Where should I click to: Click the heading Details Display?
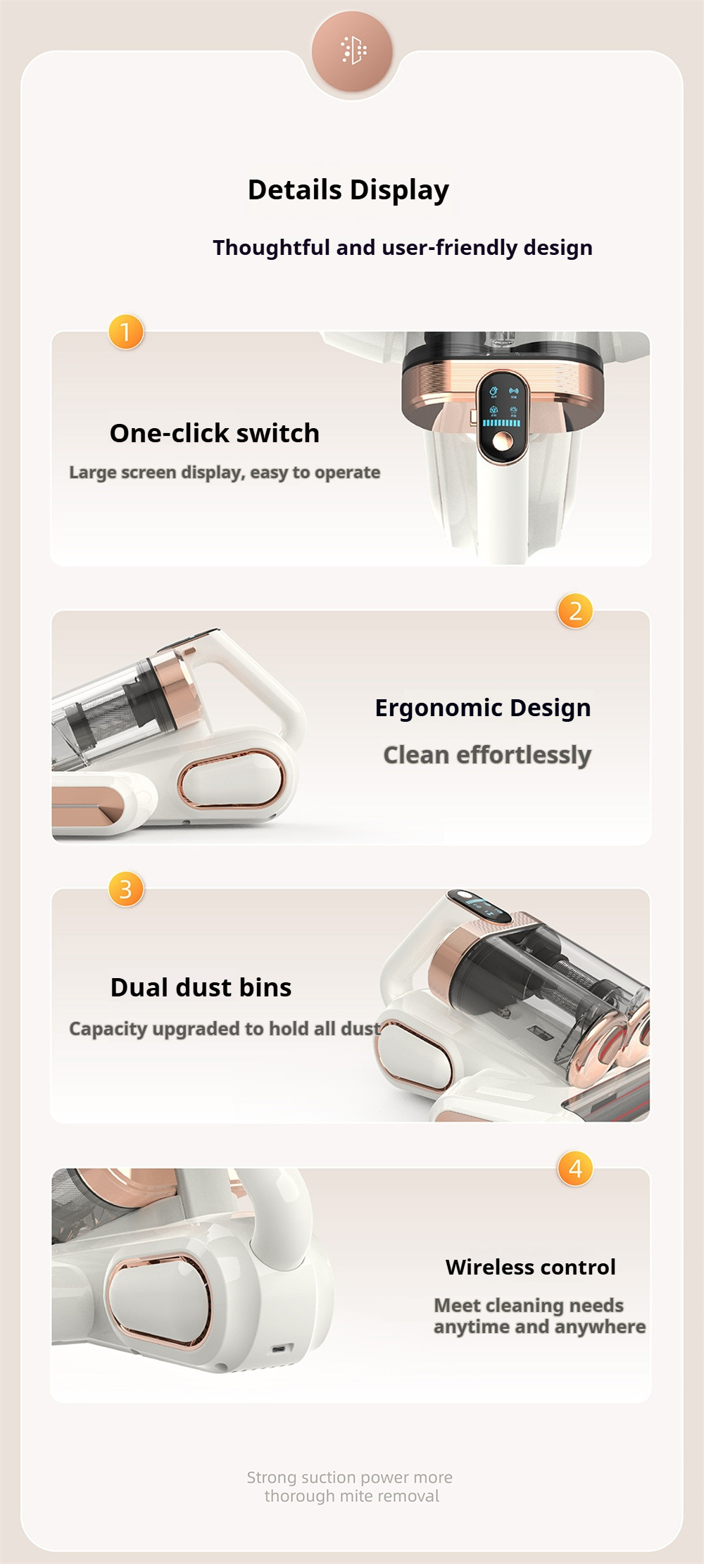[348, 190]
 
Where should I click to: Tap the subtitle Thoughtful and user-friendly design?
[403, 248]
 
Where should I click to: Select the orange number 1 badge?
[126, 332]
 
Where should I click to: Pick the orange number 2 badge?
[575, 611]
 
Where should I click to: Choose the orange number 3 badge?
[126, 889]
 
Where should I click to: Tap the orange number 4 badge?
[575, 1168]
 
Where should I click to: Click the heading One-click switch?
[215, 433]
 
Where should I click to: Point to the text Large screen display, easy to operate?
[225, 473]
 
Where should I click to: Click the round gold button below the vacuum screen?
[502, 442]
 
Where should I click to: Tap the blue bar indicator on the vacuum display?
[501, 423]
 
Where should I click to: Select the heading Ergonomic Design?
[483, 708]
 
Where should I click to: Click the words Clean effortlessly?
[487, 755]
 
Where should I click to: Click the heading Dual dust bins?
[201, 987]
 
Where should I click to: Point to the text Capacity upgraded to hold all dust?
[225, 1029]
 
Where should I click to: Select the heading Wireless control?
[531, 1268]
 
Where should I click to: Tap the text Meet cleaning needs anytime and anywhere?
[539, 1316]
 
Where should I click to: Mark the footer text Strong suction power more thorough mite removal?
[350, 1487]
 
